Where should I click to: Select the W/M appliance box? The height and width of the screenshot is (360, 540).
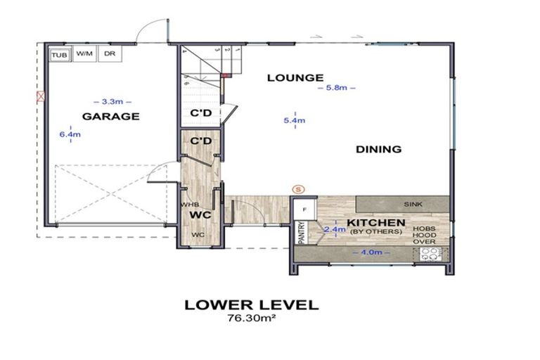(x=84, y=53)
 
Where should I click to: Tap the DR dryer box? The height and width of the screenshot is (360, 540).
(x=109, y=53)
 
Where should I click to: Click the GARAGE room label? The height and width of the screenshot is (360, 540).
(x=111, y=116)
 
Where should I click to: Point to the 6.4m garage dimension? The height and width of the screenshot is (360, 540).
(x=66, y=134)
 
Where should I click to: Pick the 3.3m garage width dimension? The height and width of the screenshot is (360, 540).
(x=111, y=101)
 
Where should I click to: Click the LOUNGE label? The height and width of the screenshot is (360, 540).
(x=295, y=77)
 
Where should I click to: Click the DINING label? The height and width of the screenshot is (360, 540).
(x=378, y=149)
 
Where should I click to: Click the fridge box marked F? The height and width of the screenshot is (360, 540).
(x=304, y=210)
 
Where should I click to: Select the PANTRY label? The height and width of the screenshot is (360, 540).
(x=300, y=232)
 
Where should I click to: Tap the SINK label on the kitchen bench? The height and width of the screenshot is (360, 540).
(x=413, y=204)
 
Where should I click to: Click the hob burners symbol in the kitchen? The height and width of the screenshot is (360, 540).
(x=430, y=255)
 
